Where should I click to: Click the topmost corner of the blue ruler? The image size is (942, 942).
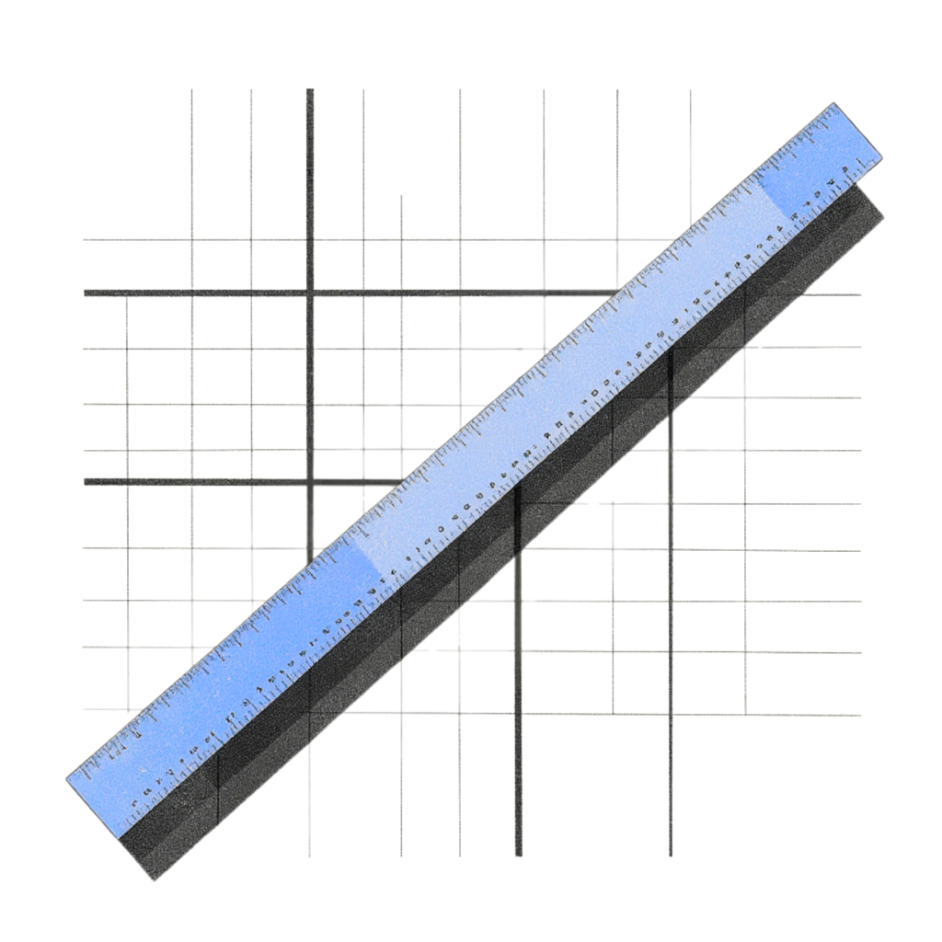[833, 103]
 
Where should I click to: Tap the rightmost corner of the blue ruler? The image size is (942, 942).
[881, 158]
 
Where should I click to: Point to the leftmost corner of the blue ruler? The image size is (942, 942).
[66, 781]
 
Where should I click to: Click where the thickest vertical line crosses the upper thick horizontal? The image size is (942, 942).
[310, 293]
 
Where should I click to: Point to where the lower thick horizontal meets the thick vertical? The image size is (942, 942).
[310, 481]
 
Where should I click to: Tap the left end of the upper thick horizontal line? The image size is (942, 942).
[85, 293]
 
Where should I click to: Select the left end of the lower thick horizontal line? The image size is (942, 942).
[85, 481]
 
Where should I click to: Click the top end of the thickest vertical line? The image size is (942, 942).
[310, 89]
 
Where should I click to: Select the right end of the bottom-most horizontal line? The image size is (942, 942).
[860, 715]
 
